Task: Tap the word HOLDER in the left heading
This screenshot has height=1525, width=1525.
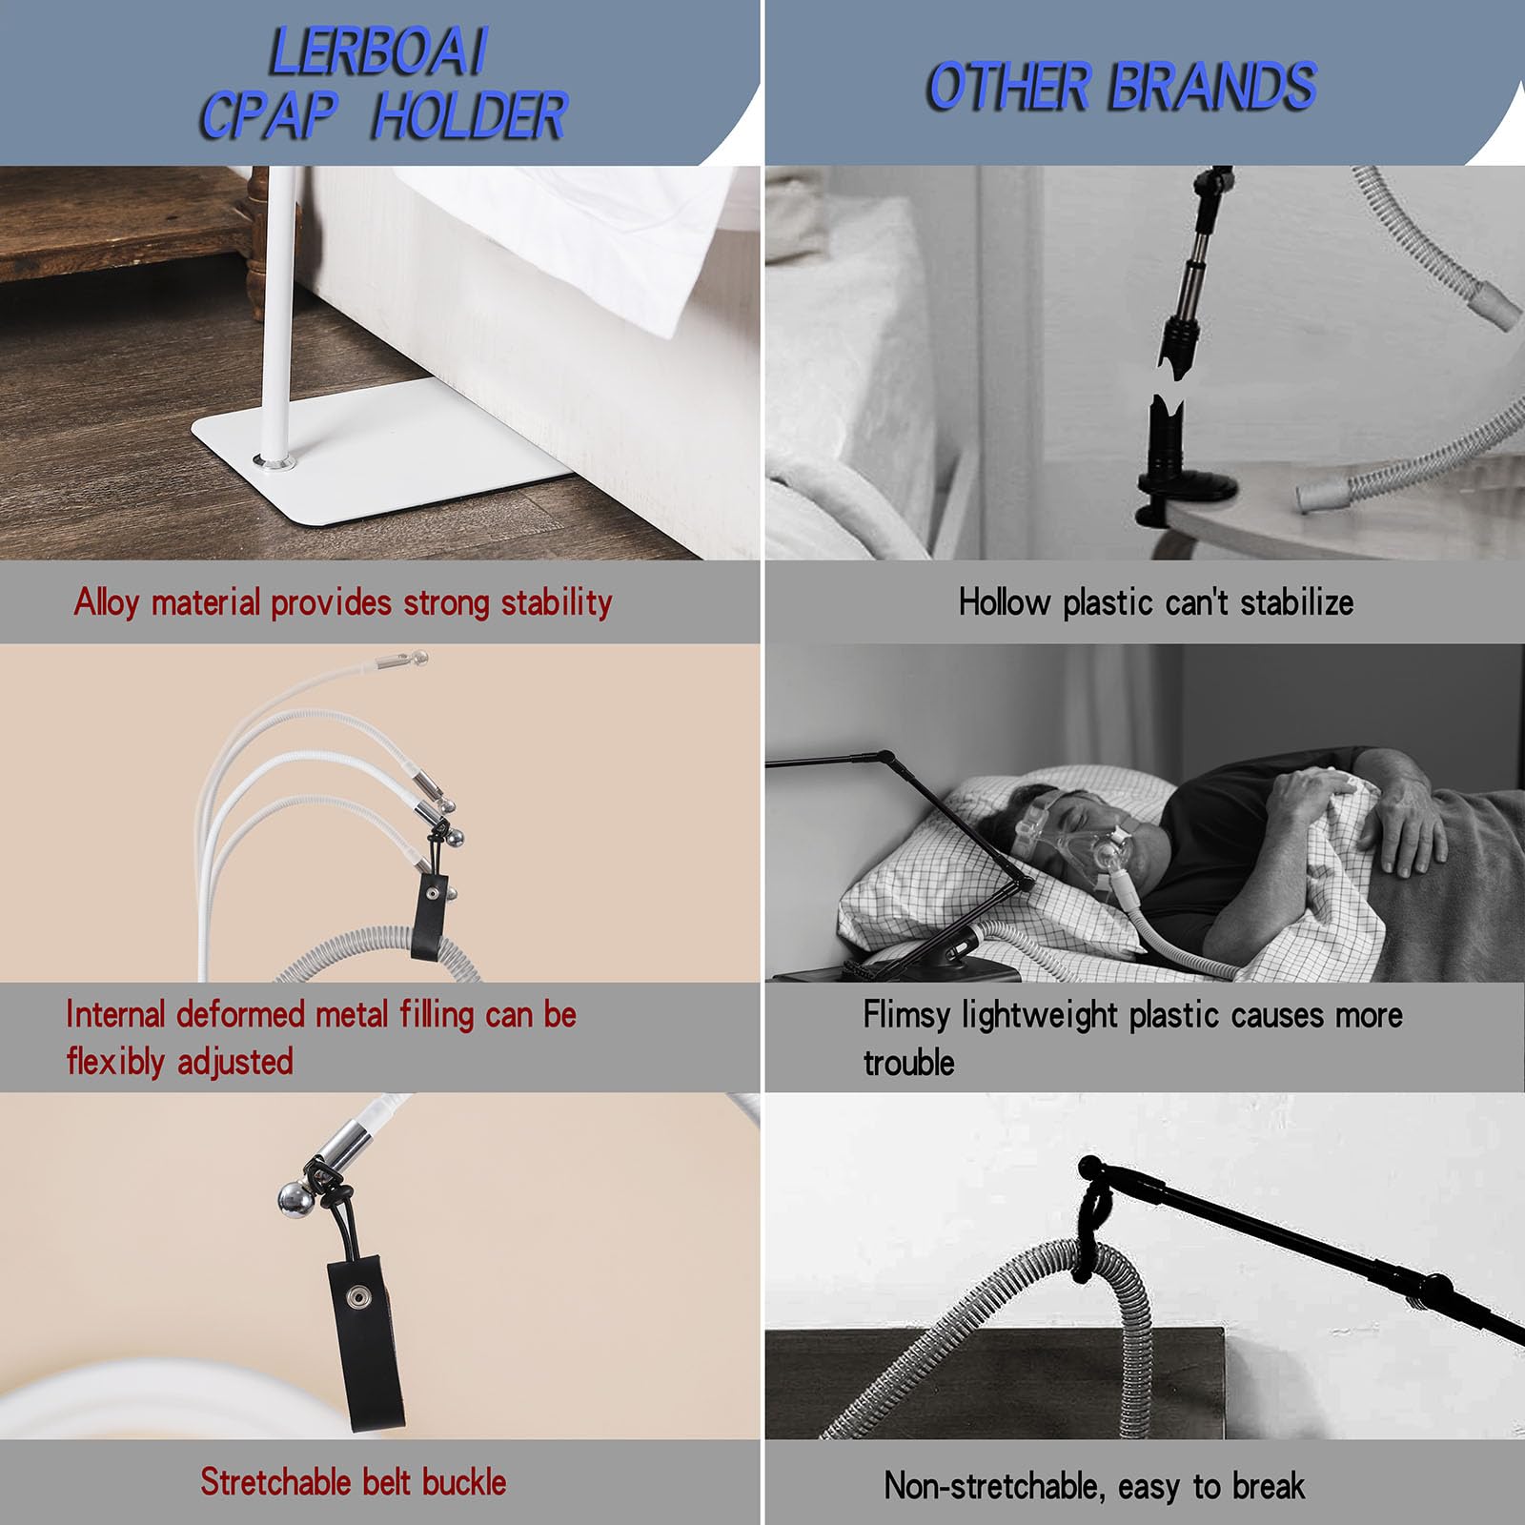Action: [x=469, y=116]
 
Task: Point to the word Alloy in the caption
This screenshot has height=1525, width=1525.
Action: [x=107, y=603]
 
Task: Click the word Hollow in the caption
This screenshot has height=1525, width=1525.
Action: [x=1005, y=602]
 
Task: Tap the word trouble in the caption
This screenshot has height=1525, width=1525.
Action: [x=908, y=1063]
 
